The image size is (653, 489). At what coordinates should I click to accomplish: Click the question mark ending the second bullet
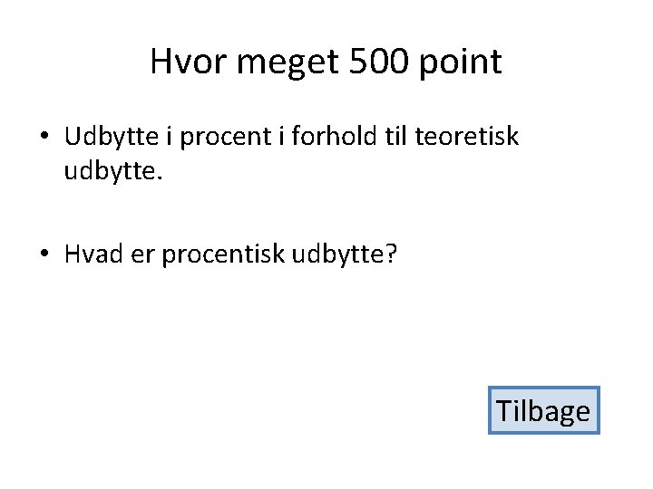pos(392,254)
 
